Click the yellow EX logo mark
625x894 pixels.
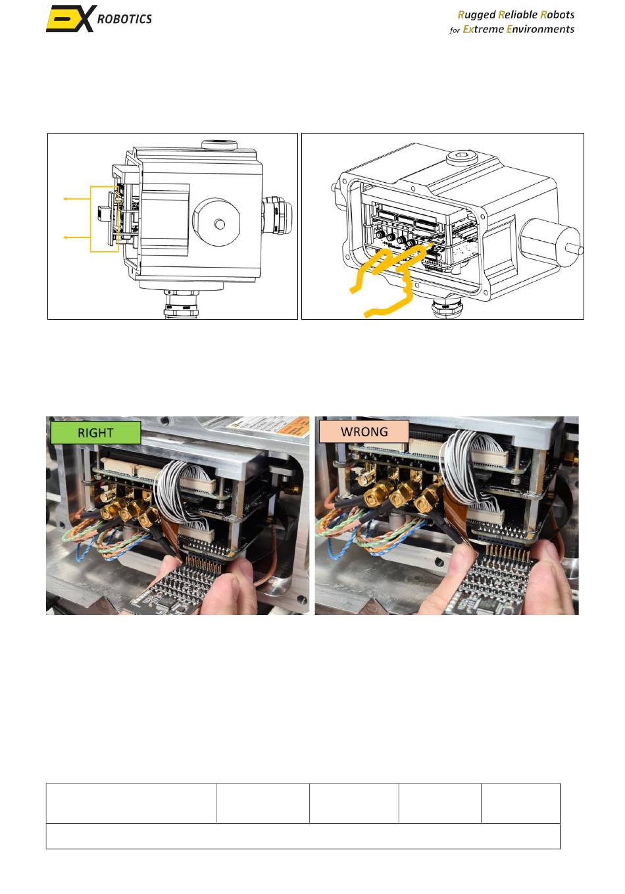(72, 18)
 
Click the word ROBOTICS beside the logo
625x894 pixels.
(124, 19)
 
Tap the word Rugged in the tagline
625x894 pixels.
(476, 15)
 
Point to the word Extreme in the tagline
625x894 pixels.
(483, 29)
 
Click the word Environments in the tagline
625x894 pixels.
(540, 29)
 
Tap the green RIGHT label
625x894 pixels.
(95, 433)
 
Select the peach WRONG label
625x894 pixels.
(364, 432)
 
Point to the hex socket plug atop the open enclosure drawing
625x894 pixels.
(463, 157)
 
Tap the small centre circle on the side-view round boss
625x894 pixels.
(219, 224)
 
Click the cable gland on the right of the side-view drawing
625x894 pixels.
(276, 214)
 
